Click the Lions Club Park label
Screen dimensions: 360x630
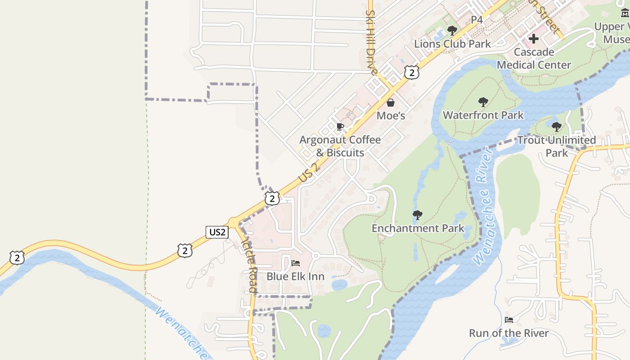pyautogui.click(x=452, y=44)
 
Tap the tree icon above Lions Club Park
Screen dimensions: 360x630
pyautogui.click(x=452, y=31)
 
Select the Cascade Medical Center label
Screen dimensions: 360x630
pyautogui.click(x=534, y=58)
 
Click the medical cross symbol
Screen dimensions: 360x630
pyautogui.click(x=534, y=39)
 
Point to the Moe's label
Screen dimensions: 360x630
pyautogui.click(x=391, y=116)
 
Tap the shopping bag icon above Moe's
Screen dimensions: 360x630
pyautogui.click(x=391, y=103)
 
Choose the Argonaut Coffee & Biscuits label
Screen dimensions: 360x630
pyautogui.click(x=340, y=146)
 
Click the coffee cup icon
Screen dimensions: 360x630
pyautogui.click(x=340, y=126)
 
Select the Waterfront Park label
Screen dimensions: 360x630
pyautogui.click(x=483, y=115)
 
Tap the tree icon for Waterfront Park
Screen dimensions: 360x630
pyautogui.click(x=483, y=102)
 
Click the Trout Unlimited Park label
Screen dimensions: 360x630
pyautogui.click(x=557, y=146)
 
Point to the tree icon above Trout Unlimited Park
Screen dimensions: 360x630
pyautogui.click(x=557, y=126)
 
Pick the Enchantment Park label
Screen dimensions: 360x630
pyautogui.click(x=418, y=228)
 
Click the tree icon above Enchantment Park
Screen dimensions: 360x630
pyautogui.click(x=418, y=215)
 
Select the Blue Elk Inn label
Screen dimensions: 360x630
pyautogui.click(x=295, y=276)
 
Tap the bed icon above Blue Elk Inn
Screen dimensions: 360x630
pyautogui.click(x=295, y=263)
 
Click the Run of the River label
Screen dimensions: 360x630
pyautogui.click(x=509, y=333)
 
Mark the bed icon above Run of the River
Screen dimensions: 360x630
pyautogui.click(x=509, y=320)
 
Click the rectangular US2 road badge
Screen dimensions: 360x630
pyautogui.click(x=217, y=232)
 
